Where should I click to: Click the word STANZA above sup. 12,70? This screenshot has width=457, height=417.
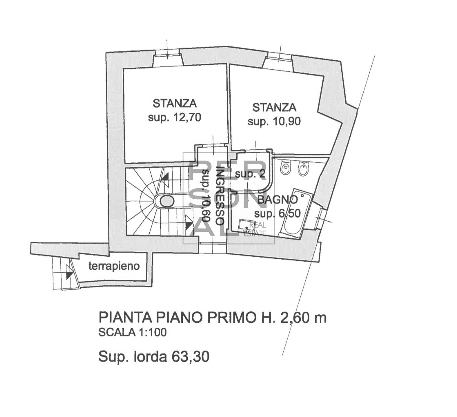click(x=175, y=103)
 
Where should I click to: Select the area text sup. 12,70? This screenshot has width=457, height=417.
click(x=174, y=118)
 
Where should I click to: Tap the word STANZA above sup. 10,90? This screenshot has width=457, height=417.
click(x=274, y=107)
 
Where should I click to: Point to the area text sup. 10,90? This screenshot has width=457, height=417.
click(x=274, y=122)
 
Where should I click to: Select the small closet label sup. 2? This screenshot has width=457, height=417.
click(x=250, y=174)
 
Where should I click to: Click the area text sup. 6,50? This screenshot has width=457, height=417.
click(x=278, y=214)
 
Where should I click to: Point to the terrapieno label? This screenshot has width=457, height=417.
click(x=114, y=266)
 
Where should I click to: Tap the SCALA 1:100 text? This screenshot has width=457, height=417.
click(x=133, y=332)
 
